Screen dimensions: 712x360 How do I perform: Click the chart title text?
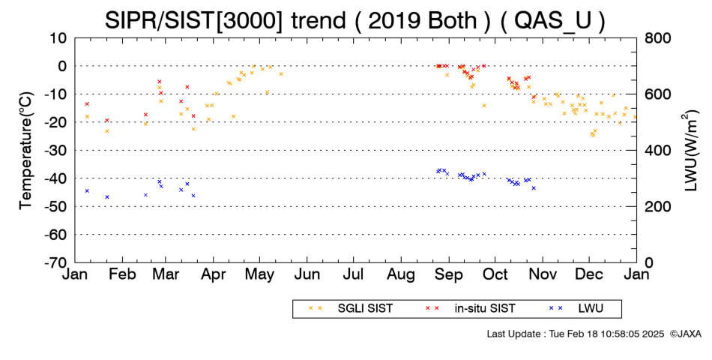coord(355,20)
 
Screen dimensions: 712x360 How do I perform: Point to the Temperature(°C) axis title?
coord(26,151)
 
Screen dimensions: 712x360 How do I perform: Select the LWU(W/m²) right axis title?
coord(690,151)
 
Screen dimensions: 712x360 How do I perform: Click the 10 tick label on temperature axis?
coord(58,38)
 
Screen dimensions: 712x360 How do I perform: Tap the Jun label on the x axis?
coord(307,274)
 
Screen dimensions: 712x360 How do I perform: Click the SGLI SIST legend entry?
coord(350,309)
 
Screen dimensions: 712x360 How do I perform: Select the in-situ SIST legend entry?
coord(470,309)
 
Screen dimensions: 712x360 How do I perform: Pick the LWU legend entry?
coord(576,309)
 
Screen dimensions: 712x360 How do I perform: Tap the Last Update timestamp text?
coord(576,334)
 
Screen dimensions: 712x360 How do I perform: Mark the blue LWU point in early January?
coord(87,191)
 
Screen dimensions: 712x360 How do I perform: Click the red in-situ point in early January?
coord(87,104)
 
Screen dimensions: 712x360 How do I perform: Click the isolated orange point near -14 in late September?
coord(484,106)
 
